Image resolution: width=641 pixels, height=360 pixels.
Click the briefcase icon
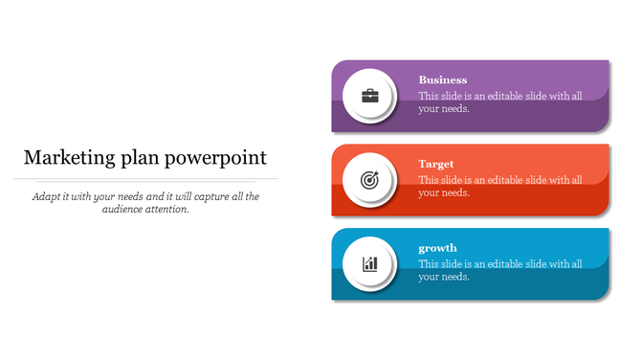[369, 96]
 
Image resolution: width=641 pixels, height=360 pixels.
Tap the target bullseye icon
[369, 179]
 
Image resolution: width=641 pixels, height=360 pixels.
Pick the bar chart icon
[369, 263]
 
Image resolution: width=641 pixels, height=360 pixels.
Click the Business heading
[443, 80]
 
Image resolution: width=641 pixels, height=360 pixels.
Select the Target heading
[436, 165]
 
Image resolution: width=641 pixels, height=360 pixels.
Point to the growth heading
[437, 249]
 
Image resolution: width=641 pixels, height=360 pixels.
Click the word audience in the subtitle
[123, 210]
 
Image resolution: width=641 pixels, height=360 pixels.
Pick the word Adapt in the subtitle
[45, 196]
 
